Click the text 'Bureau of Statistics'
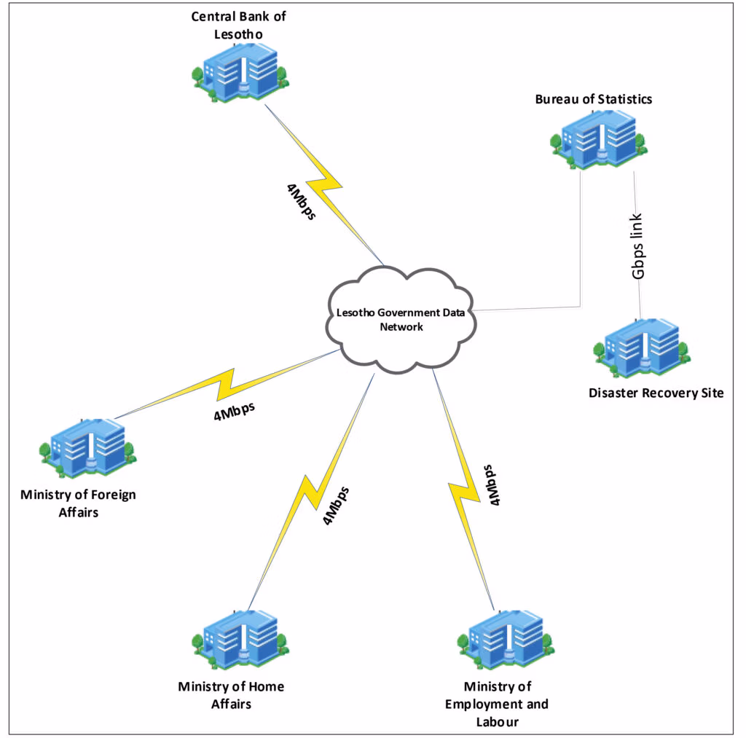pos(593,99)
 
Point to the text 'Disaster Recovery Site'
pos(656,393)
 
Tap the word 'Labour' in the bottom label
pos(498,722)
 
